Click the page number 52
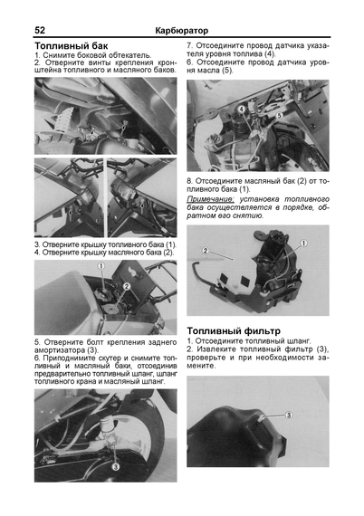click(40, 30)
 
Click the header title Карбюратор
click(182, 31)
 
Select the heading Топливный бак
click(72, 46)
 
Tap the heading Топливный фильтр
click(234, 330)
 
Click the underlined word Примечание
click(211, 200)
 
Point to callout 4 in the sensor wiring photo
click(242, 109)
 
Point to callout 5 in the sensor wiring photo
click(279, 116)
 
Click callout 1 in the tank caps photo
click(101, 265)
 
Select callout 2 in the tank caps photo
click(127, 287)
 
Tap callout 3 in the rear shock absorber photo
click(116, 466)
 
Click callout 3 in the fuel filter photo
click(288, 415)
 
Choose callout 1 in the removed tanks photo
click(304, 244)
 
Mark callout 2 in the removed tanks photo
click(206, 251)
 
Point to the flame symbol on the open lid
click(132, 272)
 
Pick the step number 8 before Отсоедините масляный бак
click(189, 181)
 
